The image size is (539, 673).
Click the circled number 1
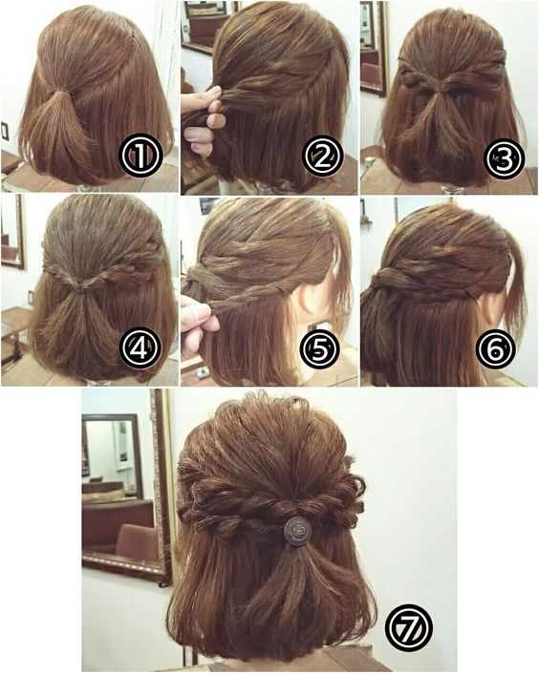point(140,156)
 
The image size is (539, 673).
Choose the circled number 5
point(320,348)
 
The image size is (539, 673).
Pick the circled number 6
point(496,348)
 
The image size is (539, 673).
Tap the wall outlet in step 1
point(4,132)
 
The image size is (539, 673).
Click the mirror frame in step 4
point(20,232)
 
